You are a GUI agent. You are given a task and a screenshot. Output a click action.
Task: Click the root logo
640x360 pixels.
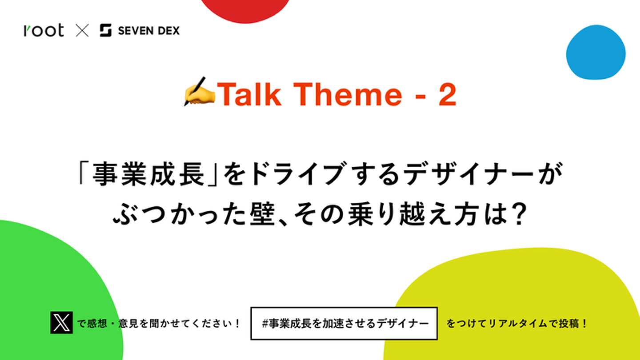click(44, 30)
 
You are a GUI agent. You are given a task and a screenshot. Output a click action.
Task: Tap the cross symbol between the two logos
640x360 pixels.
click(82, 31)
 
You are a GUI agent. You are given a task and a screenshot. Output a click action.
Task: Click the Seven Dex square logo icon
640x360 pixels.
click(105, 30)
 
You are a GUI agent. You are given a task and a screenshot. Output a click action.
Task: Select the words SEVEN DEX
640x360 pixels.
click(149, 31)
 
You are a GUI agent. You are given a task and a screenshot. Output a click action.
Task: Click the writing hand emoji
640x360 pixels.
click(199, 92)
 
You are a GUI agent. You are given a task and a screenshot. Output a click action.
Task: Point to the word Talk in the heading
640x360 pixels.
click(249, 94)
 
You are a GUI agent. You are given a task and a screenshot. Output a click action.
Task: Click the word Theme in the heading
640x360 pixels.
click(348, 94)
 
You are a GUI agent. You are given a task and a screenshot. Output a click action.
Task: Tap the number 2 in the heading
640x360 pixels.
click(448, 94)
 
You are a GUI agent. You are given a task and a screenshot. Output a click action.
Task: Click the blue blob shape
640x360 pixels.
click(596, 52)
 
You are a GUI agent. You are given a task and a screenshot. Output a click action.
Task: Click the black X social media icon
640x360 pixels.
click(61, 323)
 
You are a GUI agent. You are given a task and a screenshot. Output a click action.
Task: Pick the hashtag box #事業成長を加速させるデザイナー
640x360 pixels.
click(344, 324)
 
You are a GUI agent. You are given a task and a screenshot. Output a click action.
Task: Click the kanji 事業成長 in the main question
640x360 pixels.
click(148, 174)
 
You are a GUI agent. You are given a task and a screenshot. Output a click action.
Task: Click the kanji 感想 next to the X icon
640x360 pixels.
click(97, 324)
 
